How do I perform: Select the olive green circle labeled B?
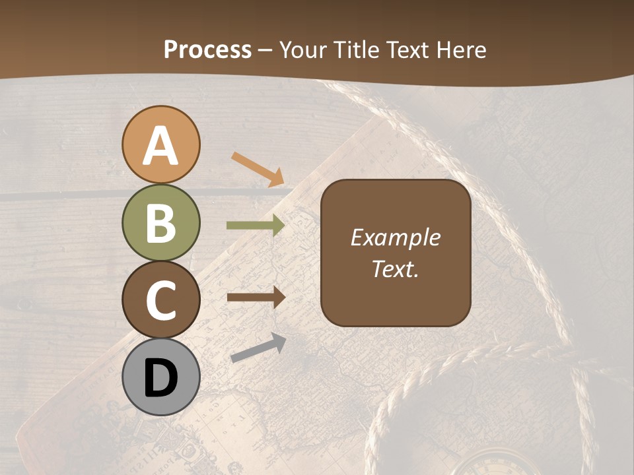click(x=160, y=223)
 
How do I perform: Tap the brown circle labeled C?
click(x=160, y=300)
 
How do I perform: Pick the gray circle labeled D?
click(x=160, y=377)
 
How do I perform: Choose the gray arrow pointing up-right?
click(x=258, y=348)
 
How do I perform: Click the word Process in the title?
click(x=207, y=50)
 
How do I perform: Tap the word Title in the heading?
click(x=357, y=50)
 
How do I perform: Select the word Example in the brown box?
click(x=396, y=238)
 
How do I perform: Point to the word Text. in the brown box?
click(x=396, y=269)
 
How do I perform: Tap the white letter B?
click(x=160, y=224)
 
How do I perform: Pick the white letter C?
click(x=160, y=301)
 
